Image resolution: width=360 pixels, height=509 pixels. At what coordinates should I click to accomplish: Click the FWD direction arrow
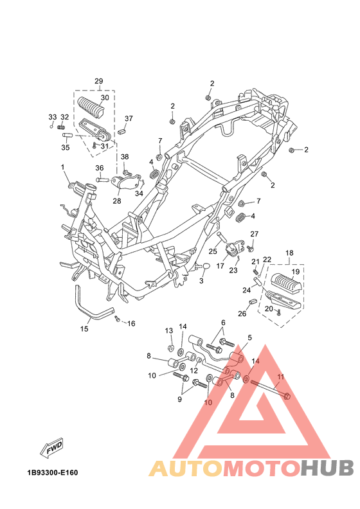point(51,448)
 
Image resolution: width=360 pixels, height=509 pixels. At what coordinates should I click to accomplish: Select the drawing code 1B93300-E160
point(53,472)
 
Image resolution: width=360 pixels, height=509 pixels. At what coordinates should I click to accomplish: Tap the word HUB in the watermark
point(327,468)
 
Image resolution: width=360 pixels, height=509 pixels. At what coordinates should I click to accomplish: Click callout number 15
point(84,329)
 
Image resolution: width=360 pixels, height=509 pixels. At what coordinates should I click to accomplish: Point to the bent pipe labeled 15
point(93,308)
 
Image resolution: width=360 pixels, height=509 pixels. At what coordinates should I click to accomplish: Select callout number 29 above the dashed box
point(99,81)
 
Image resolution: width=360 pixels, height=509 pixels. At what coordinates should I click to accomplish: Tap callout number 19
point(296,271)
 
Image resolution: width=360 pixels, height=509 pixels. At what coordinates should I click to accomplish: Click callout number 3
point(201,280)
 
